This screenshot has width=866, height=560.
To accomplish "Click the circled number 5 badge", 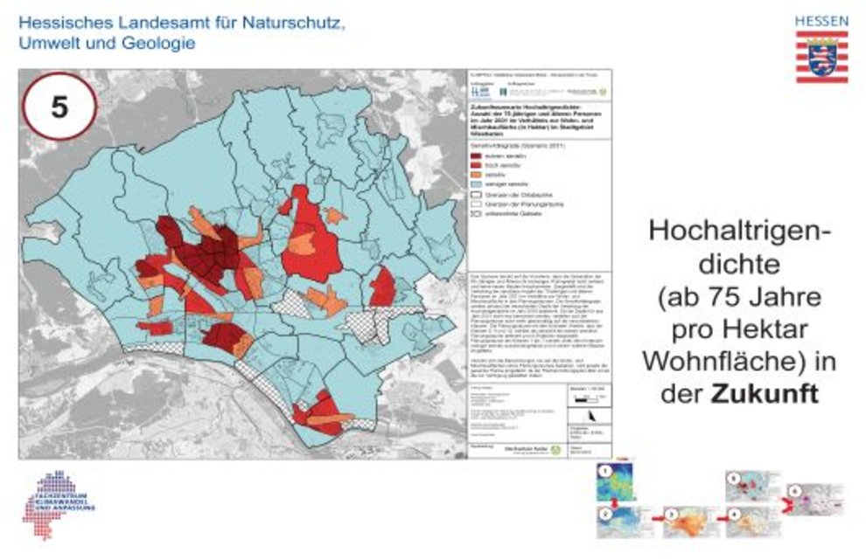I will click(x=59, y=107).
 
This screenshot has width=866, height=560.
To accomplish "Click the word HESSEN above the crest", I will click(x=821, y=19).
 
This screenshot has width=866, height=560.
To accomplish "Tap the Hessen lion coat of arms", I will click(x=821, y=57).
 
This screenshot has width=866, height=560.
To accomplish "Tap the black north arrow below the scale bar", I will click(x=594, y=415).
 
